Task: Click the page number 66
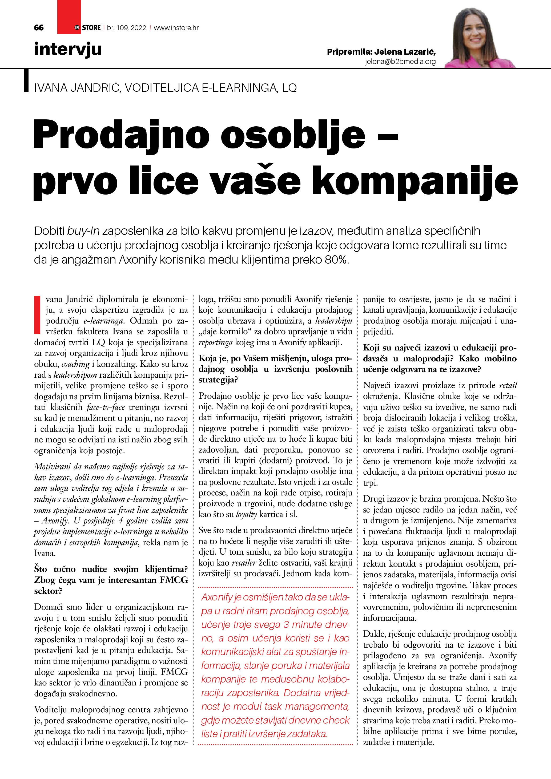coord(39,28)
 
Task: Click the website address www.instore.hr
coord(176,28)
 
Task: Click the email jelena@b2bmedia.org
coord(400,61)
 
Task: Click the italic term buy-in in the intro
coord(83,231)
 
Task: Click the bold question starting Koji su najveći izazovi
coord(440,358)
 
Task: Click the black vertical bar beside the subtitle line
coord(26,80)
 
